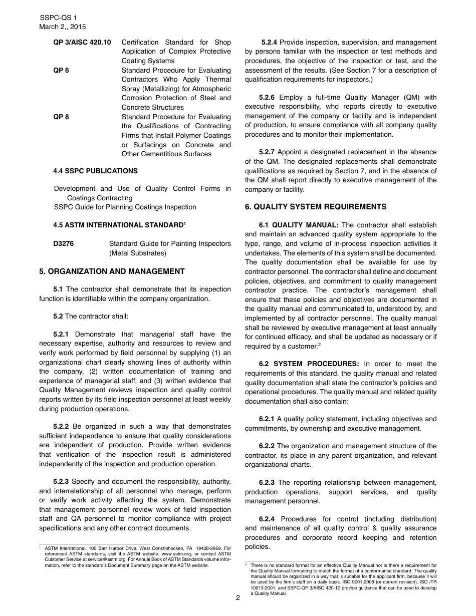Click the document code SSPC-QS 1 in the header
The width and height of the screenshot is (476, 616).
pos(58,18)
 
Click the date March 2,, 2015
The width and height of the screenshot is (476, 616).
pos(62,27)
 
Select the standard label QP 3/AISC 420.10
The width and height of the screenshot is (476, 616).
pos(82,42)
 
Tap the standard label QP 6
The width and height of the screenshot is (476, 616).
pos(61,70)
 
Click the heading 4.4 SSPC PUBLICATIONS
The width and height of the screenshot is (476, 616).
pos(95,171)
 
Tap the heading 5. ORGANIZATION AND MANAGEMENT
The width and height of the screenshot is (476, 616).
pos(112,271)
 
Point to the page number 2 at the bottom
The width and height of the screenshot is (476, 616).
pos(238,597)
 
